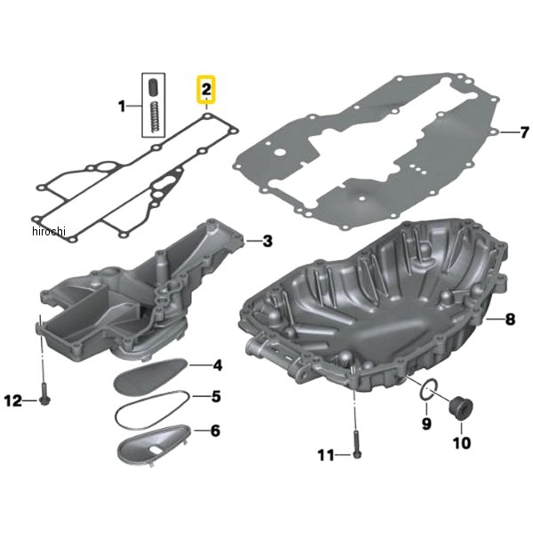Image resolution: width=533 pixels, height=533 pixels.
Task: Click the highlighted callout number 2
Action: click(x=206, y=90)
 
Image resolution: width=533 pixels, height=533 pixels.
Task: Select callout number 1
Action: click(x=122, y=107)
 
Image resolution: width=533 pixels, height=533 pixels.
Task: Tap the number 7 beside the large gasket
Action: click(x=524, y=132)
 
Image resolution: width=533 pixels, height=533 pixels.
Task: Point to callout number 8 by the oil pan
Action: click(x=510, y=319)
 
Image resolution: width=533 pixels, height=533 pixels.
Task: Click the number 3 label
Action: click(x=268, y=241)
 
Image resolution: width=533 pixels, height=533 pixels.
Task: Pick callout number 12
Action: click(x=13, y=402)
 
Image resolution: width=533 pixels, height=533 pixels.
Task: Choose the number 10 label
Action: click(x=462, y=442)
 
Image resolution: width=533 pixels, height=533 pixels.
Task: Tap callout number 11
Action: click(x=326, y=456)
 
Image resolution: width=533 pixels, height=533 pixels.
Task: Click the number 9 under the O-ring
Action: click(x=426, y=424)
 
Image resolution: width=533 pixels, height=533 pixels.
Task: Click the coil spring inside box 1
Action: click(x=155, y=116)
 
